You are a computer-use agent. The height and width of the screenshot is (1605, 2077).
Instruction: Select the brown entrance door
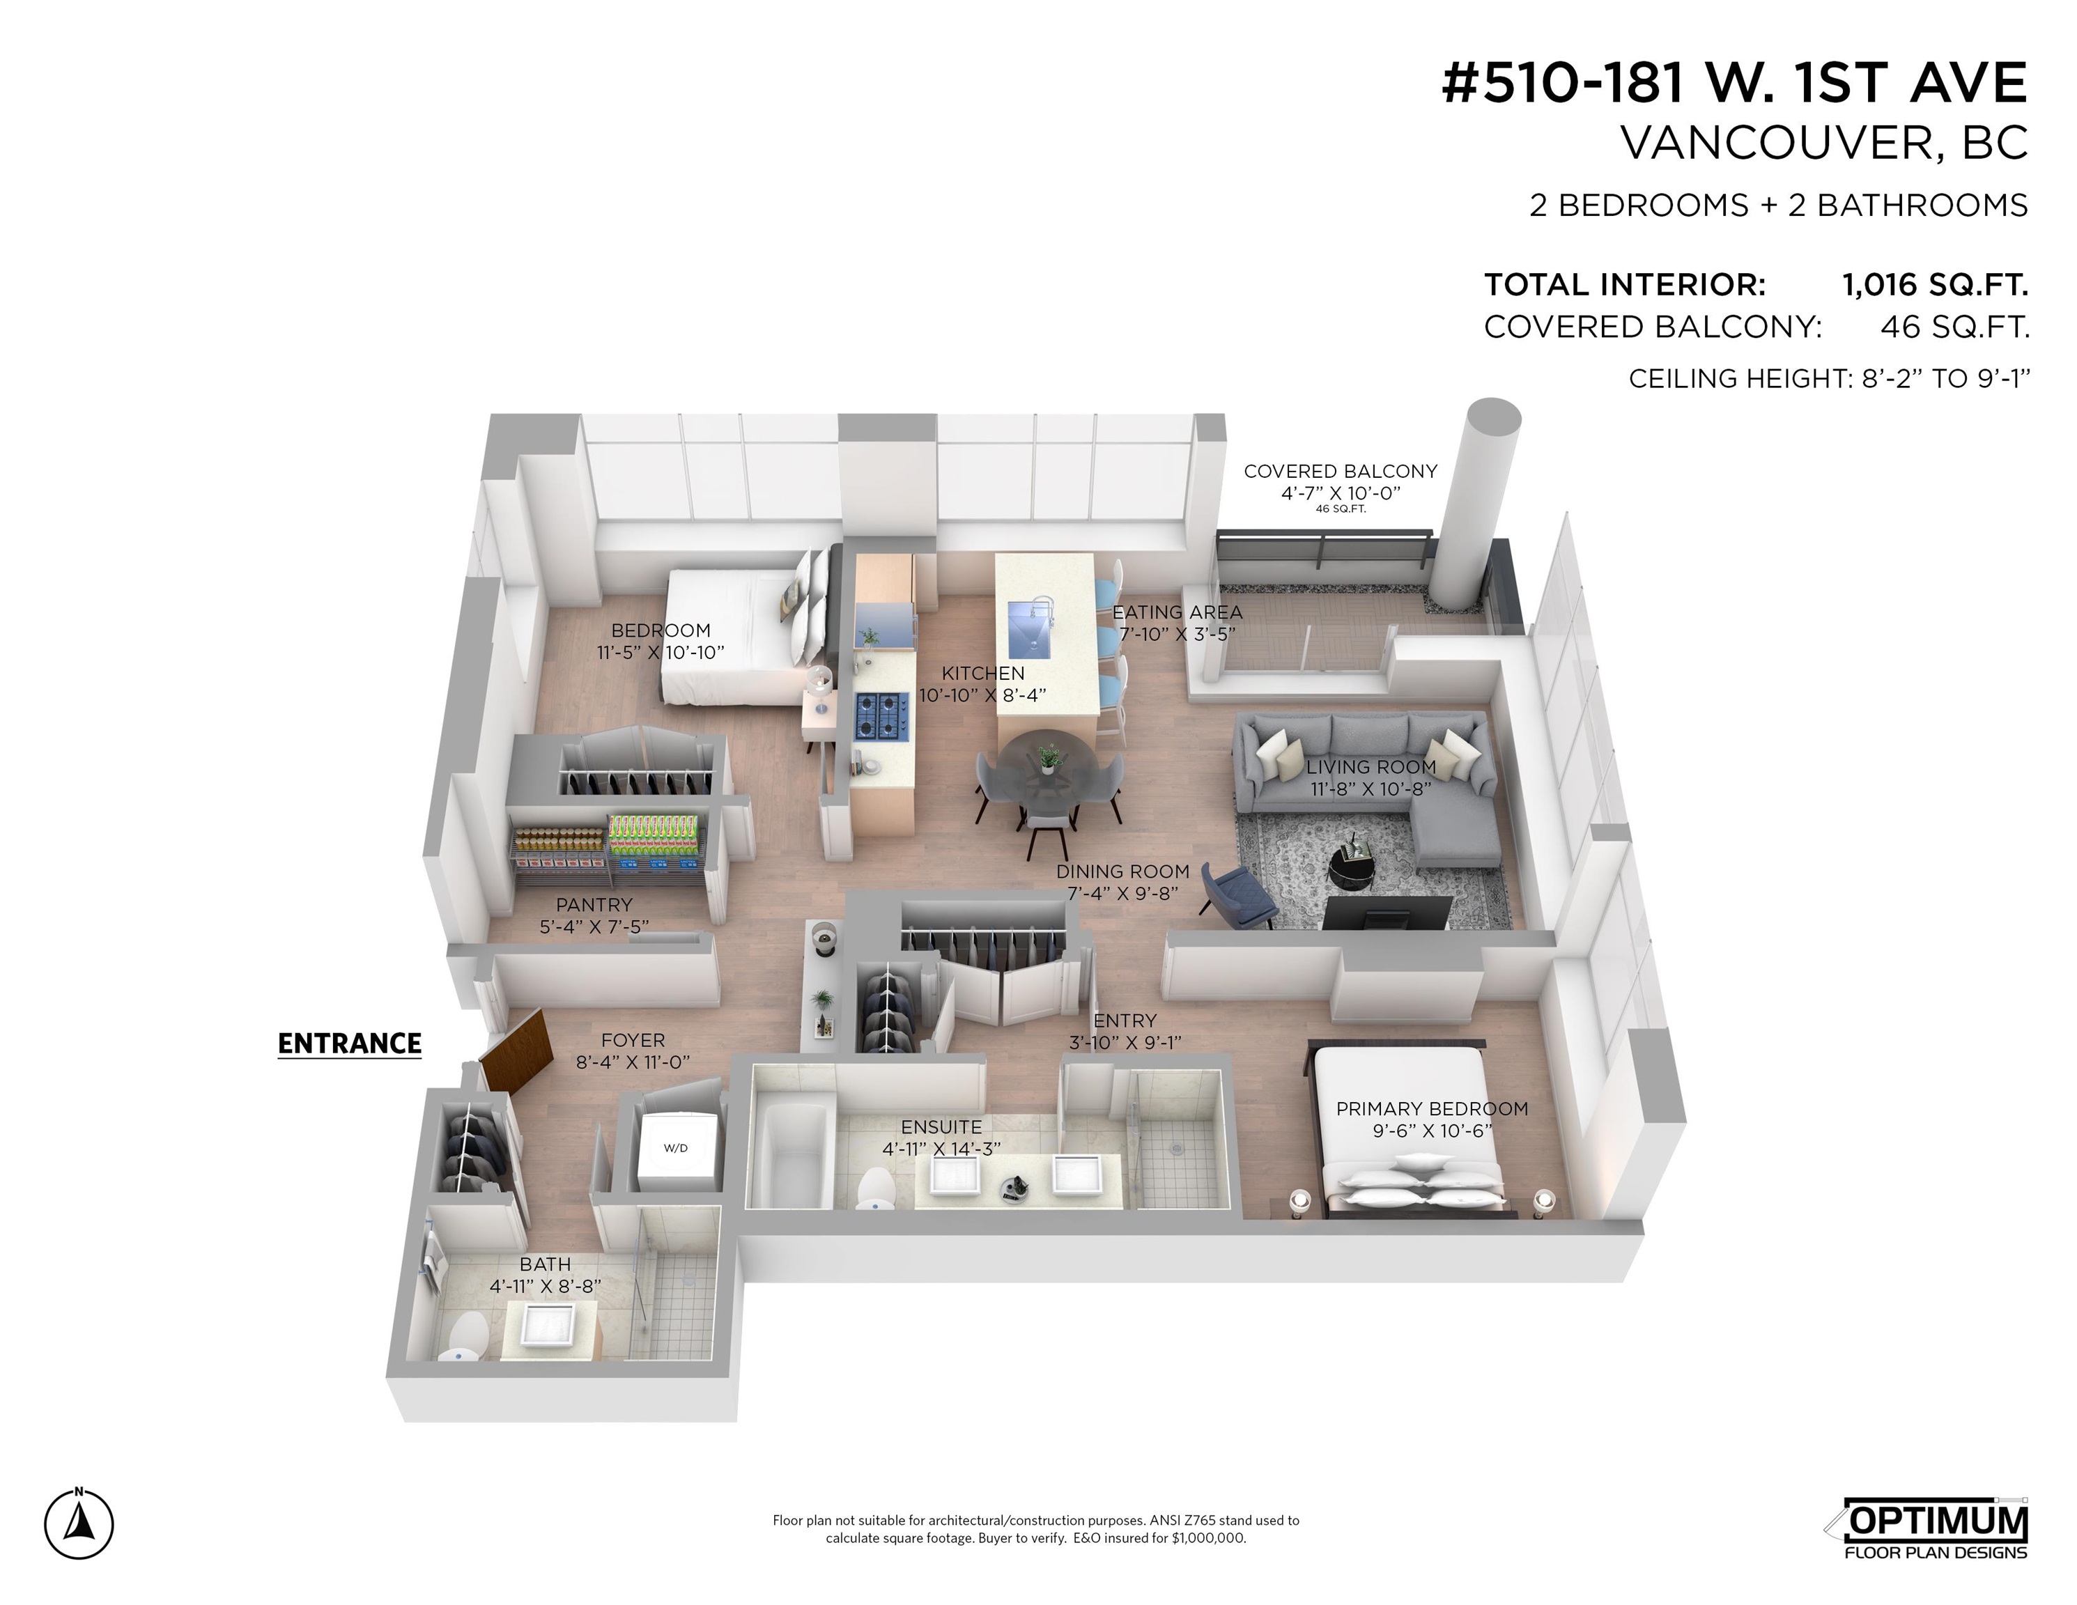click(x=516, y=1050)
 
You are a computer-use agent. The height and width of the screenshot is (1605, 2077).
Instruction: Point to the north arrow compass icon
click(x=79, y=1524)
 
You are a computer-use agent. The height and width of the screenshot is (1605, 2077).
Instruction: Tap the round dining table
click(x=1046, y=766)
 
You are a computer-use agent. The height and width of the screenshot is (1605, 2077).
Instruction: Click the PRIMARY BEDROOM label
click(x=1433, y=1109)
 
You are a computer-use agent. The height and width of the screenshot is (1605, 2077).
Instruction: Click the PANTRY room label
click(x=594, y=904)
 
